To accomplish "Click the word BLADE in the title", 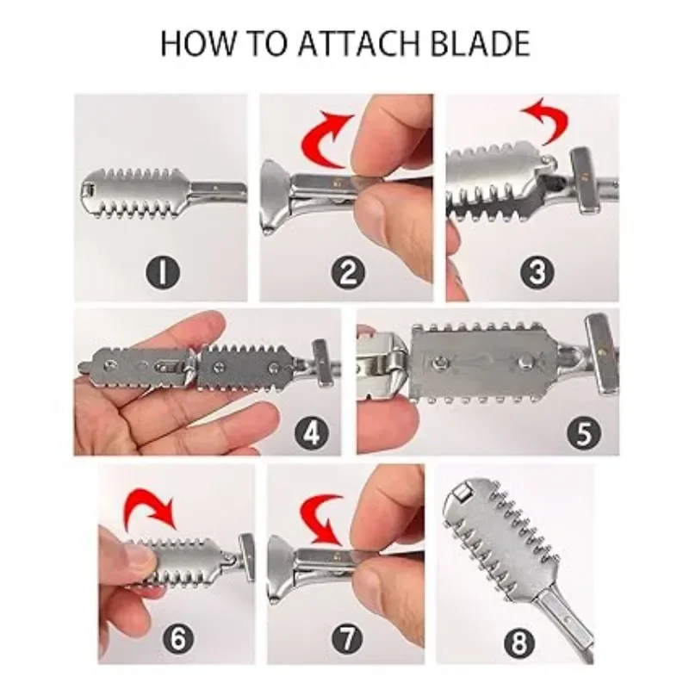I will tap(478, 42).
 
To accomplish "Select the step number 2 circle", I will tap(346, 274).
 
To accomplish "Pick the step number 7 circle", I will tap(346, 638).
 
